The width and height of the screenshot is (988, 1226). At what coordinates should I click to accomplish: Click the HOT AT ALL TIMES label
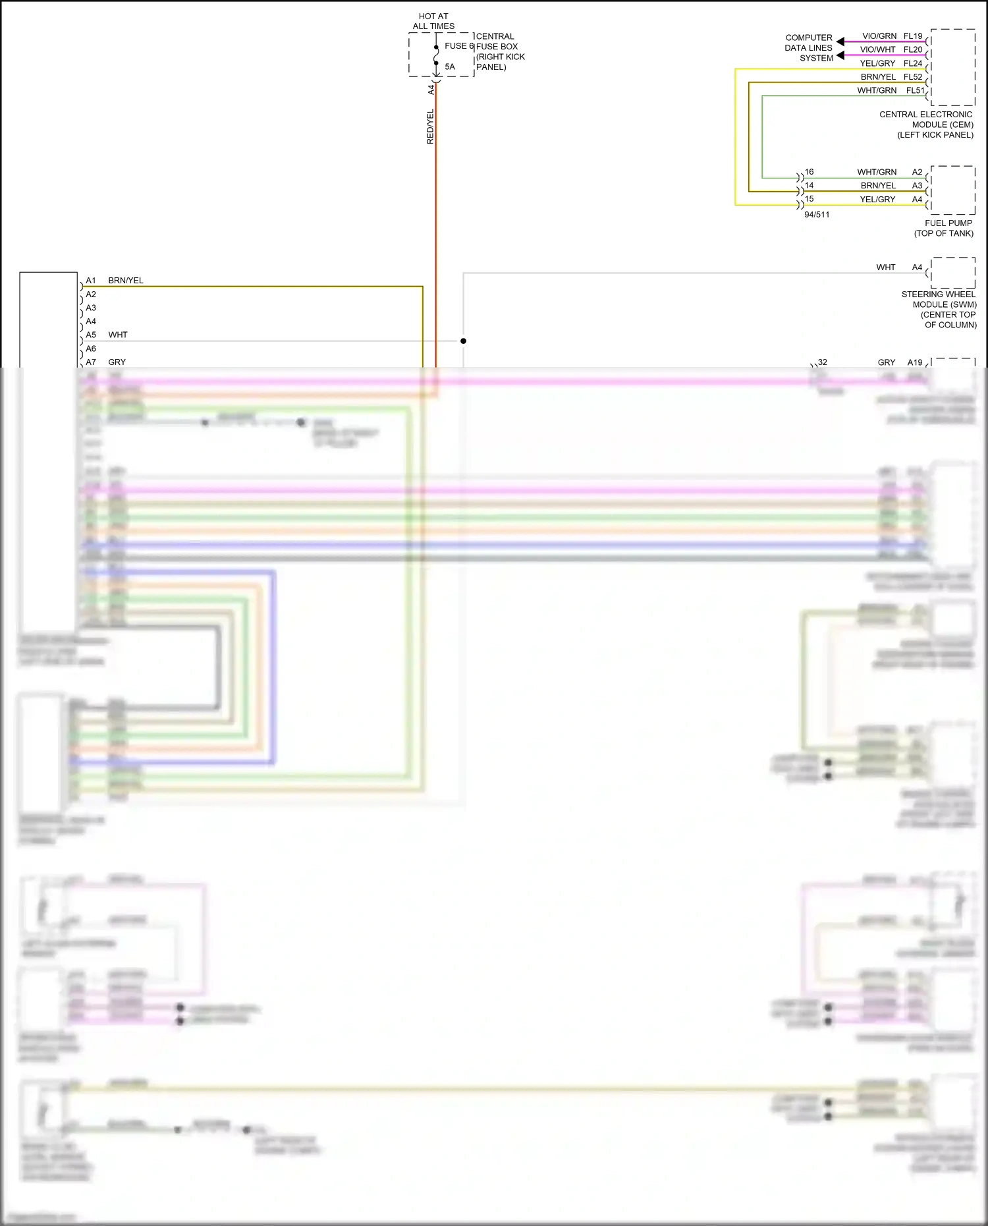point(433,21)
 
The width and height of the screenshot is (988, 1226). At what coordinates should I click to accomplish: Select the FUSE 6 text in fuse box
point(459,46)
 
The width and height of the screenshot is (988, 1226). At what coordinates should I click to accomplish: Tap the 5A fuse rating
point(450,67)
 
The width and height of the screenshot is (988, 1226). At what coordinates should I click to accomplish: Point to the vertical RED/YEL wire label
point(430,127)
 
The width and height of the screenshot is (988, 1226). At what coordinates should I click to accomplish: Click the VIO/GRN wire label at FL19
point(879,36)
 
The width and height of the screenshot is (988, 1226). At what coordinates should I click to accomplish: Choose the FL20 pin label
point(913,49)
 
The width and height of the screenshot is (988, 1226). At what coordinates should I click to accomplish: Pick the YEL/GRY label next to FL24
point(877,63)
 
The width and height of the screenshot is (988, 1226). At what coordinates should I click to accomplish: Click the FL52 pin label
point(913,77)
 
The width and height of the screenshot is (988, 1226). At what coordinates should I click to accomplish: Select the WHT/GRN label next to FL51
point(877,90)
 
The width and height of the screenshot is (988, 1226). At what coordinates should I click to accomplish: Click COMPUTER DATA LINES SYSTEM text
point(809,48)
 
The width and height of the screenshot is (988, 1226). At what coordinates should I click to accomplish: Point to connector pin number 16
point(809,172)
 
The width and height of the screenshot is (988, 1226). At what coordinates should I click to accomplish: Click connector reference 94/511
point(817,215)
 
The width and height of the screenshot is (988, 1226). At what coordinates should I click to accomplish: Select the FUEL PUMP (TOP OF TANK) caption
point(944,228)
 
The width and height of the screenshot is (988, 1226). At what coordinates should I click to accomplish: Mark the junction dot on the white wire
point(463,341)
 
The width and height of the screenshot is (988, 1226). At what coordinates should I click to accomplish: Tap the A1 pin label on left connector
point(91,281)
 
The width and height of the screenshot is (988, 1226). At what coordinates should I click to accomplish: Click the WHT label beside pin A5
point(118,335)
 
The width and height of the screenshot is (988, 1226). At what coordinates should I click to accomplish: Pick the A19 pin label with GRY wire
point(915,362)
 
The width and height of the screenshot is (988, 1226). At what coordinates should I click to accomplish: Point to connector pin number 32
point(823,362)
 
